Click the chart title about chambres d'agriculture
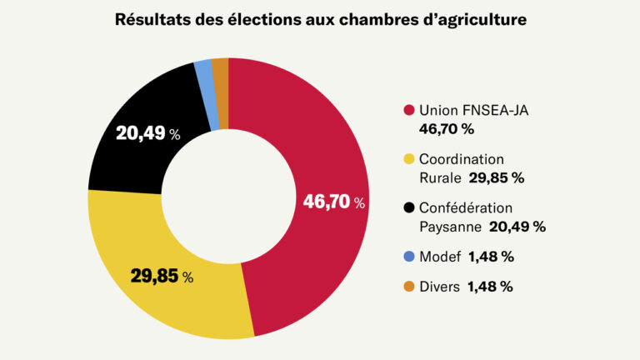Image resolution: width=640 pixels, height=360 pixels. [x=320, y=20]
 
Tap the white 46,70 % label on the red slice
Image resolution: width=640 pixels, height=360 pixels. [x=333, y=202]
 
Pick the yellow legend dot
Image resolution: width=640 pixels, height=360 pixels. [x=408, y=159]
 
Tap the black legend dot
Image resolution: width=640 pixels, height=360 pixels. [x=408, y=207]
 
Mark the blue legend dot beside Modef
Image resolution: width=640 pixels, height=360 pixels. [x=408, y=257]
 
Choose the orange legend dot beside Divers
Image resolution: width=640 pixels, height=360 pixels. [x=408, y=287]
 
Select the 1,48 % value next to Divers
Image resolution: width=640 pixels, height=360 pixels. [x=490, y=287]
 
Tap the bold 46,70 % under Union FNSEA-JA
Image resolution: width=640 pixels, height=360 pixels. [x=447, y=129]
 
